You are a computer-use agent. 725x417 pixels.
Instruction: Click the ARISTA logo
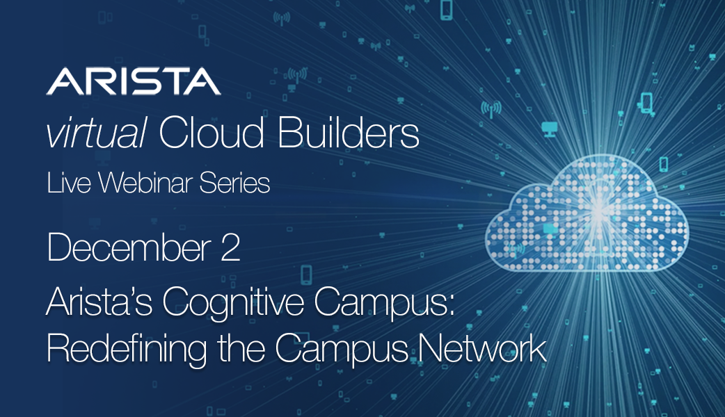[133, 81]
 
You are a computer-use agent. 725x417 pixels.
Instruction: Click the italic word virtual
[96, 133]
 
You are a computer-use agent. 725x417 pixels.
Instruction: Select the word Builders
[348, 133]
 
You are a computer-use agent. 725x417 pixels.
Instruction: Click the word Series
[234, 182]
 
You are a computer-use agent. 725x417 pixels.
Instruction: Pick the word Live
[68, 182]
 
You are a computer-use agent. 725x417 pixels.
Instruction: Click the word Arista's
[99, 302]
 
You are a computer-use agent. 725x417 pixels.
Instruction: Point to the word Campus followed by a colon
[385, 304]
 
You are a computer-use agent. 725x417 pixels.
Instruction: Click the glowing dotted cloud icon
[587, 213]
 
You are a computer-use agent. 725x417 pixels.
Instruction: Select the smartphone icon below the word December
[306, 275]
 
